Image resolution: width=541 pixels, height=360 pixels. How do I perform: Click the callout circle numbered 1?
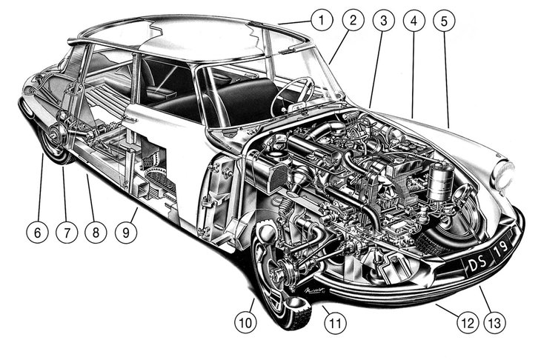click(320, 20)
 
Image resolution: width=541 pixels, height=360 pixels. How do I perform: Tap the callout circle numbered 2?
click(353, 20)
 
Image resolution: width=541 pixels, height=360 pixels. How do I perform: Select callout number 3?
click(383, 20)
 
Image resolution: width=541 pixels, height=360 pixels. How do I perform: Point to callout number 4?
click(414, 20)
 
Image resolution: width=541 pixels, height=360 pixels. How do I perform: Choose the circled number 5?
click(444, 20)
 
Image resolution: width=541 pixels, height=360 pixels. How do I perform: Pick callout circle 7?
click(66, 231)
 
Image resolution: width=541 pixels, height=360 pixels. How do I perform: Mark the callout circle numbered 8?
click(96, 231)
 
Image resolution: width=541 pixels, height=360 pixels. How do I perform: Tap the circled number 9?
click(126, 231)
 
